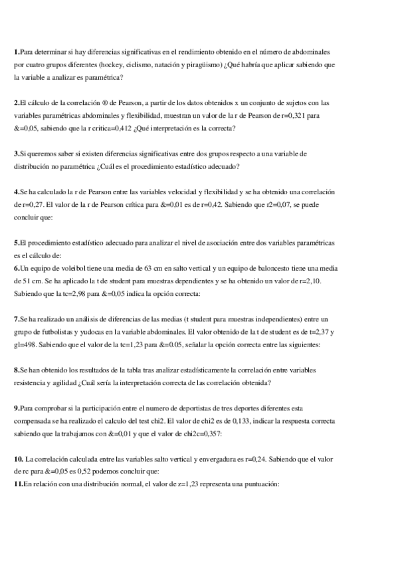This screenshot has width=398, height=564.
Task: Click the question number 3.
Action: click(x=16, y=154)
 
